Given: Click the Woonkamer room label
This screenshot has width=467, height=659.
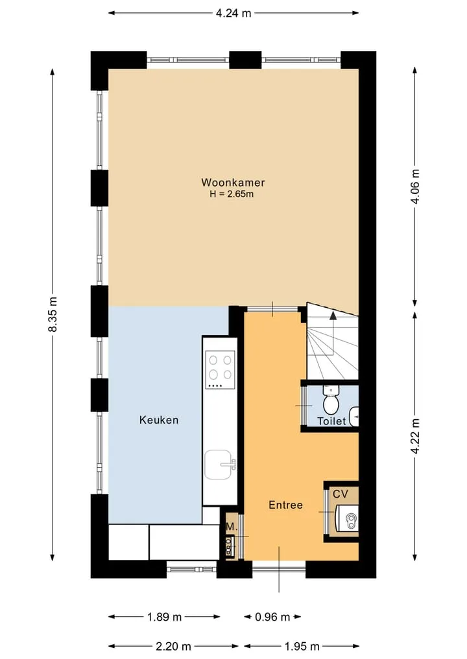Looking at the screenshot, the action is coord(233,182).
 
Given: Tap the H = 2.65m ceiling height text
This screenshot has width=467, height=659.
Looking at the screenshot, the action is coord(232,194).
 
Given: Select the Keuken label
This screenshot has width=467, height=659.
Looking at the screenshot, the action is coord(159,420).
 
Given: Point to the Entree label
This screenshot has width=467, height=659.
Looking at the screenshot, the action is coord(285,505).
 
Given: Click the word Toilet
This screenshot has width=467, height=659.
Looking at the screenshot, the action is coord(331,421).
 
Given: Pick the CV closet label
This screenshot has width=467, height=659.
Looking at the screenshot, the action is coord(341,494).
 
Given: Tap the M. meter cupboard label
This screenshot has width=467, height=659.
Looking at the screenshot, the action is coord(232,527).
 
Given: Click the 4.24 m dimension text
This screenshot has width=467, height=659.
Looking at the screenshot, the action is coord(233,14).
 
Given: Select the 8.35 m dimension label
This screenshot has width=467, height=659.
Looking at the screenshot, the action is coord(53,314).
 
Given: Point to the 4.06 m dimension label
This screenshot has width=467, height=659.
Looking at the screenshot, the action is coord(415,186).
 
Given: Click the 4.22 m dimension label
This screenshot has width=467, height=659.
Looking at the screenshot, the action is coord(415,436).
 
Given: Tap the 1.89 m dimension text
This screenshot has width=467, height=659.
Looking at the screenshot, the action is coord(164,617).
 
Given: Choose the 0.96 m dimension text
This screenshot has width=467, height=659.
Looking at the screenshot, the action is coord(272,617).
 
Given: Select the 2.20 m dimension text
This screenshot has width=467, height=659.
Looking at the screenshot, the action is coord(173,646).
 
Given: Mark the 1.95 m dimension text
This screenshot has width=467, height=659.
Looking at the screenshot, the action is coord(302,646).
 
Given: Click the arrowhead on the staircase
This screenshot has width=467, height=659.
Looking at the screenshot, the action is coord(333,316).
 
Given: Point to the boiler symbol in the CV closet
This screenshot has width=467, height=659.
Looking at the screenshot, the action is coord(346,518).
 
